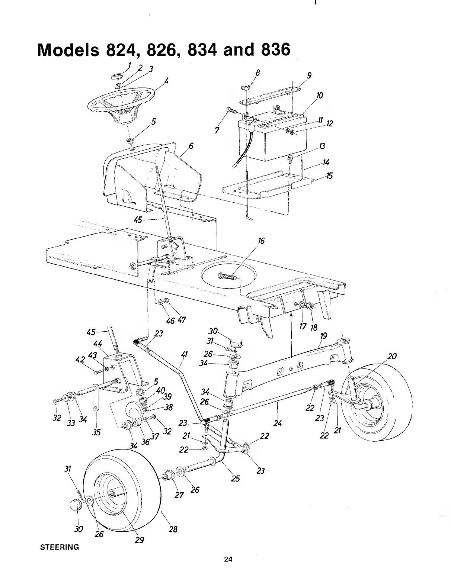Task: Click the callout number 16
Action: pyautogui.click(x=261, y=241)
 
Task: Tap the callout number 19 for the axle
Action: pyautogui.click(x=323, y=336)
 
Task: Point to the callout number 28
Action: pyautogui.click(x=173, y=529)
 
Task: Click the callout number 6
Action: pyautogui.click(x=191, y=146)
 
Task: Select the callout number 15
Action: pyautogui.click(x=329, y=175)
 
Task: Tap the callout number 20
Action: pyautogui.click(x=392, y=357)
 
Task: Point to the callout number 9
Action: pyautogui.click(x=309, y=76)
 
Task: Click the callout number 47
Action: pyautogui.click(x=182, y=320)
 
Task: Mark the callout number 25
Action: pyautogui.click(x=235, y=478)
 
